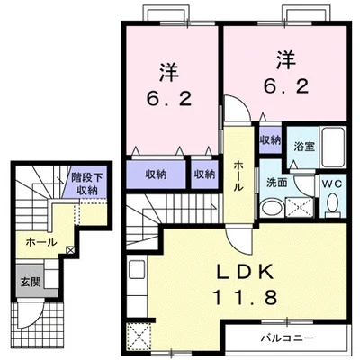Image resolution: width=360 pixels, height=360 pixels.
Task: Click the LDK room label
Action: pyautogui.click(x=245, y=272)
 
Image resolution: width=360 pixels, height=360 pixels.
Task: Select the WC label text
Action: pyautogui.click(x=333, y=184)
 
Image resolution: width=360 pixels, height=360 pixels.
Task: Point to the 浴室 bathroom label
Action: pyautogui.click(x=304, y=147)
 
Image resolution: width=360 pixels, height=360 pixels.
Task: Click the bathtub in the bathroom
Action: pyautogui.click(x=332, y=148)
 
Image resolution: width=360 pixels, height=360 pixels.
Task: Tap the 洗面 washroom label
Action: pyautogui.click(x=277, y=183)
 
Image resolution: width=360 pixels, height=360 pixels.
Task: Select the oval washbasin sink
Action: pyautogui.click(x=272, y=208)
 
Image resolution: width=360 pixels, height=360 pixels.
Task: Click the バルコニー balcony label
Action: pyautogui.click(x=287, y=338)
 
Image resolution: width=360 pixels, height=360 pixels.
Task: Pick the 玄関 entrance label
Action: pyautogui.click(x=31, y=282)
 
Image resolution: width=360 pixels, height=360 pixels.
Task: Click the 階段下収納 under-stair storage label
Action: pyautogui.click(x=86, y=184)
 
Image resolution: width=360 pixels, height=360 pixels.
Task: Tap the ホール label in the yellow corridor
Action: pyautogui.click(x=238, y=175)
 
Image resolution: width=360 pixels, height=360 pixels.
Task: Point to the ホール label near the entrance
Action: pyautogui.click(x=41, y=242)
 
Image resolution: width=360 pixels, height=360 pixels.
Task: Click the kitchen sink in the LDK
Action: pyautogui.click(x=136, y=269)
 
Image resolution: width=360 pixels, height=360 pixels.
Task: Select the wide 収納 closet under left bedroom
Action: pyautogui.click(x=156, y=175)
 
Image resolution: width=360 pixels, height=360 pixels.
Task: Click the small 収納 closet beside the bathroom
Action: pyautogui.click(x=270, y=140)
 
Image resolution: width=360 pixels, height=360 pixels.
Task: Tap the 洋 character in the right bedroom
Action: pyautogui.click(x=286, y=60)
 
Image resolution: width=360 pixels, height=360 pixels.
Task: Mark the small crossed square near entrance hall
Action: pyautogui.click(x=70, y=249)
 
